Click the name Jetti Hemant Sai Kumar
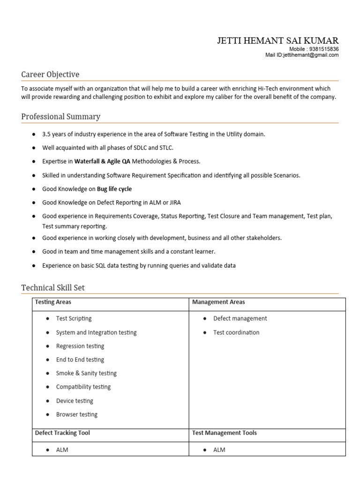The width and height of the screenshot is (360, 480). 277,41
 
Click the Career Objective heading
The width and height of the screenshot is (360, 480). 50,75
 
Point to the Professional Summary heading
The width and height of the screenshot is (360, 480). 60,116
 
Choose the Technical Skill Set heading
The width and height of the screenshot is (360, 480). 53,288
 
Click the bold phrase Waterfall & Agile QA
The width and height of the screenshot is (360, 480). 102,161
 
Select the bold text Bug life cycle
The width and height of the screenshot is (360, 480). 114,189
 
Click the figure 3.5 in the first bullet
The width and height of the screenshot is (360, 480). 46,134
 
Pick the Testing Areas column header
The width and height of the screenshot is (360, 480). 53,302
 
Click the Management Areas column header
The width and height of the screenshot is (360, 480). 218,302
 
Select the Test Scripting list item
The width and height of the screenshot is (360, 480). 74,319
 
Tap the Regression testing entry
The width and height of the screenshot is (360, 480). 80,346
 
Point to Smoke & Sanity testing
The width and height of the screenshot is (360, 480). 86,373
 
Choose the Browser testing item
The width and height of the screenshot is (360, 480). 76,414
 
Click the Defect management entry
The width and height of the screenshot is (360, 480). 240,319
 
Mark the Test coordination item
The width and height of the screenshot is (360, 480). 236,332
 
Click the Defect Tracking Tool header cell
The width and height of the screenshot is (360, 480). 62,433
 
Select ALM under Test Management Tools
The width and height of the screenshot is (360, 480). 219,450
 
